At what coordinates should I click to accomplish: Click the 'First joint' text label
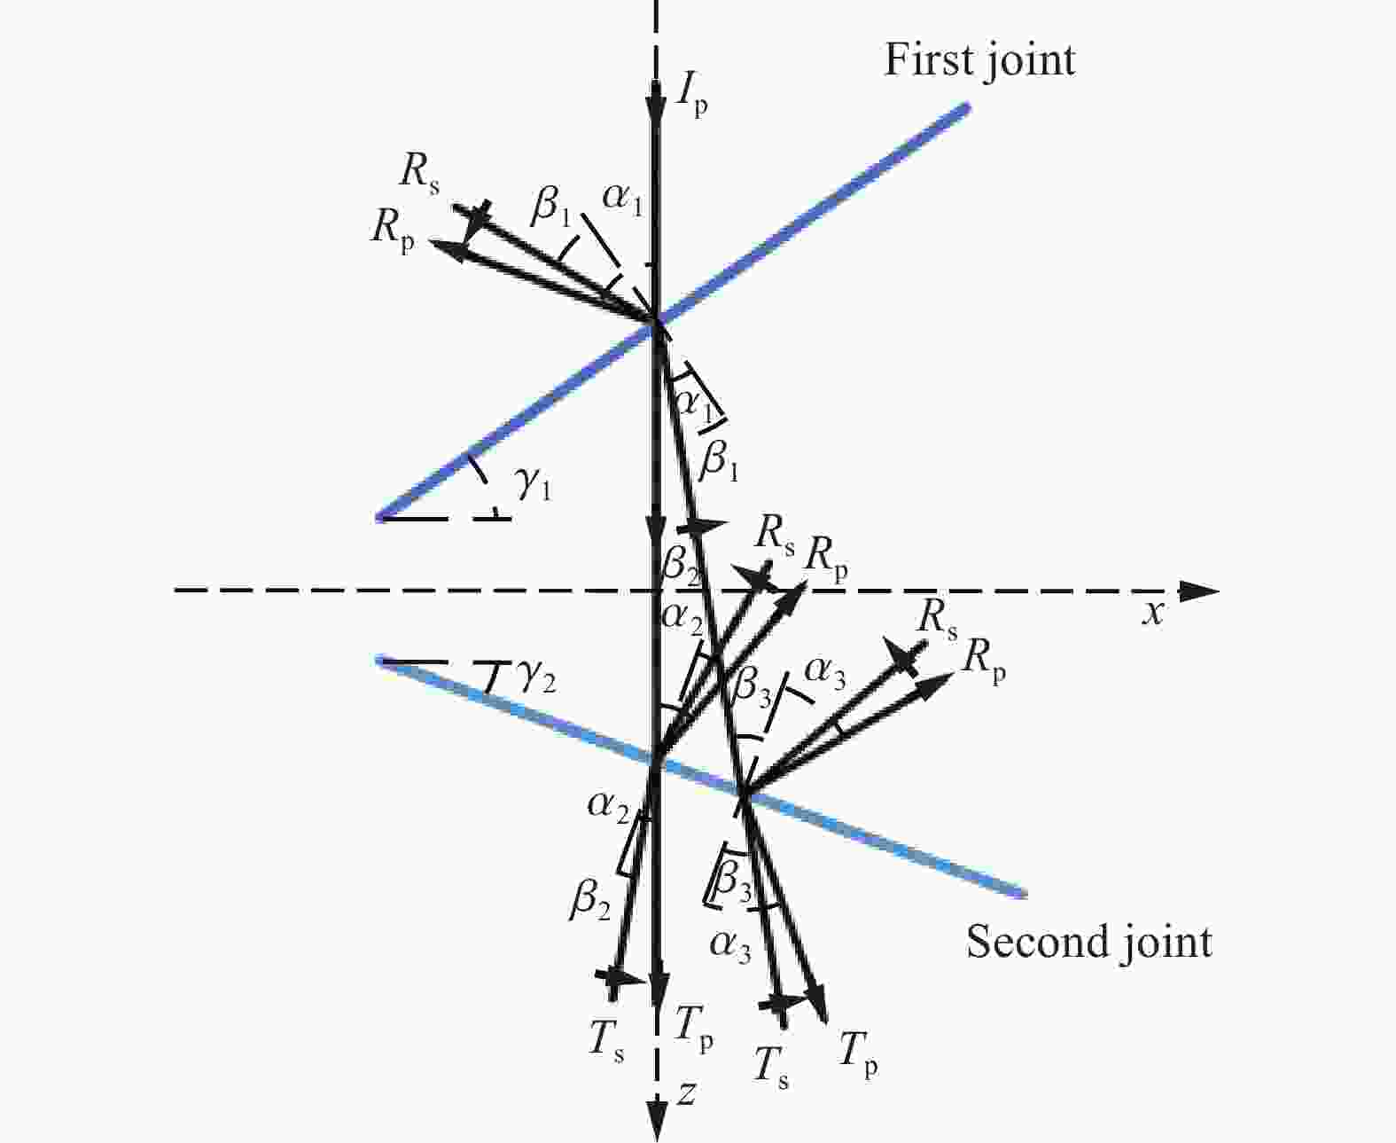pyautogui.click(x=979, y=62)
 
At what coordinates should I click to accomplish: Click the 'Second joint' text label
pyautogui.click(x=1088, y=941)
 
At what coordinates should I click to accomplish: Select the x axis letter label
pyautogui.click(x=1153, y=614)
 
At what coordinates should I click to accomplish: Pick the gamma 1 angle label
pyautogui.click(x=534, y=485)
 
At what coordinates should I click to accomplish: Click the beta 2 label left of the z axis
pyautogui.click(x=589, y=900)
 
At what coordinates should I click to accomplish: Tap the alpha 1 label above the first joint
pyautogui.click(x=621, y=198)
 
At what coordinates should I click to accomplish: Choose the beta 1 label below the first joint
pyautogui.click(x=718, y=459)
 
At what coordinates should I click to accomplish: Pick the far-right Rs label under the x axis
pyautogui.click(x=937, y=622)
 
